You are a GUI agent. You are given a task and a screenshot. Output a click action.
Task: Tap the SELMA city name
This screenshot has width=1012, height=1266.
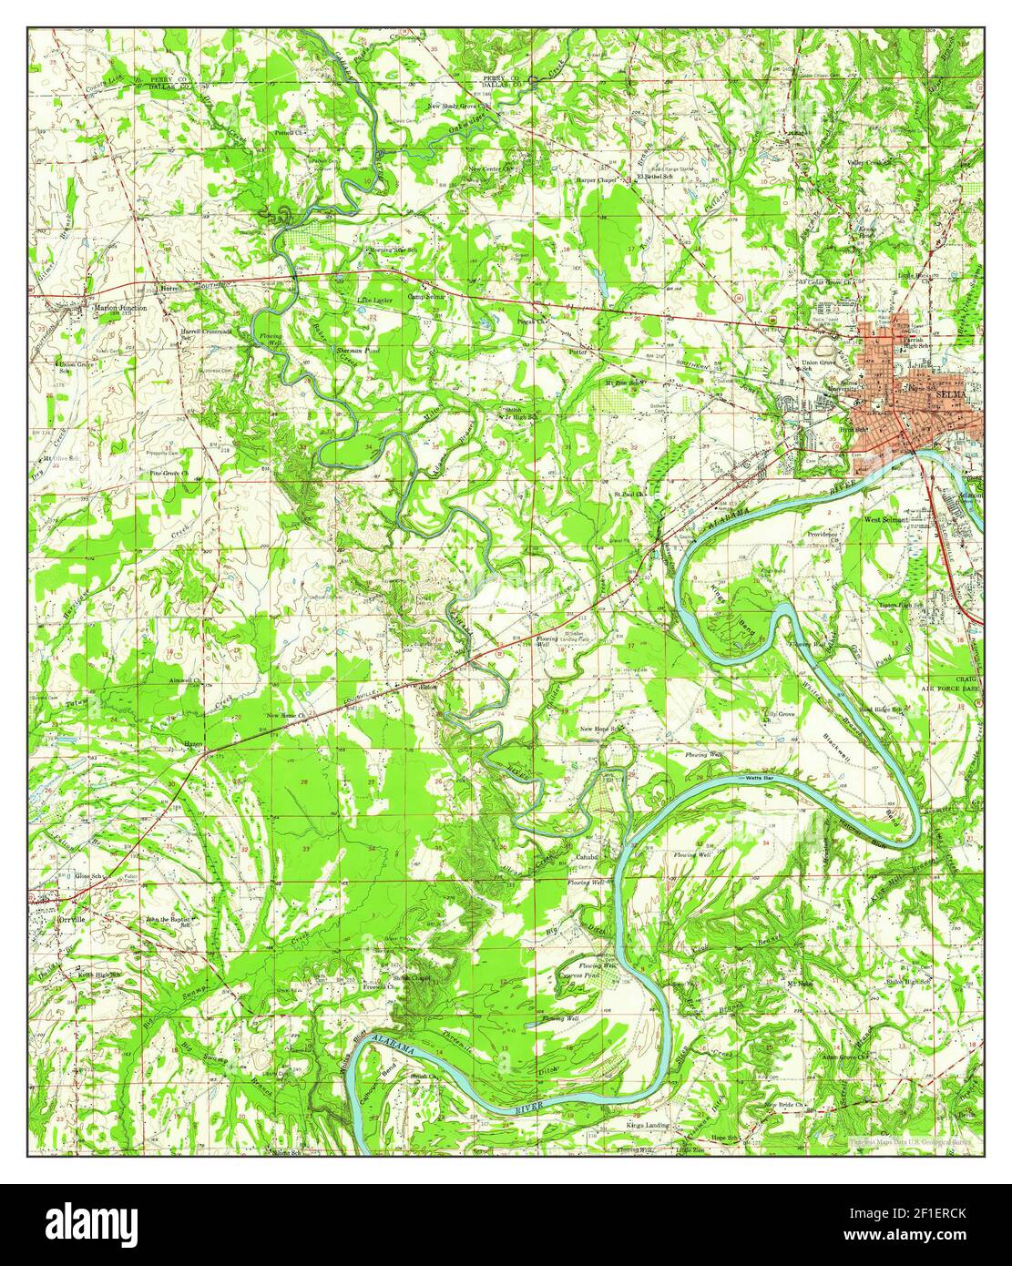952,396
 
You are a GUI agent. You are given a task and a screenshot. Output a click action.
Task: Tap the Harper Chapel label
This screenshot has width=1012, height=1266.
596,180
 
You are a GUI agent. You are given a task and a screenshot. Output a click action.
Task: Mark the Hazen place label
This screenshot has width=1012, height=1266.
193,744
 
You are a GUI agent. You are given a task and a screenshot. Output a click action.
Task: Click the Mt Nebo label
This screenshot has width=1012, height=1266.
799,984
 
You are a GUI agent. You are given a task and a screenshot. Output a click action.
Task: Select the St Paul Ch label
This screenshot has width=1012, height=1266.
628,495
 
